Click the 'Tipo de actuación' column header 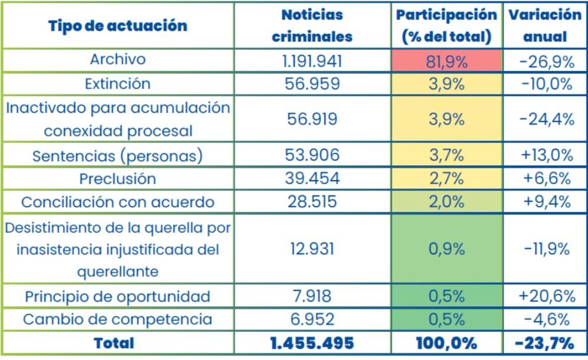tap(117, 25)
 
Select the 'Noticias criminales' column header tap(312, 25)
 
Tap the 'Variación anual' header tap(544, 25)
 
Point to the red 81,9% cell tap(446, 61)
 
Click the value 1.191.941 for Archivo tap(312, 61)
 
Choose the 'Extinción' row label tap(117, 84)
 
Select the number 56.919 tap(312, 119)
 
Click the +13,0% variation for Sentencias tap(546, 155)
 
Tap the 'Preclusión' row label tap(117, 178)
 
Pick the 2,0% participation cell tap(446, 202)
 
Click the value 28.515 tap(312, 202)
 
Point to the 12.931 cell tap(312, 248)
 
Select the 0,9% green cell tap(446, 248)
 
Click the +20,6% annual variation tap(546, 296)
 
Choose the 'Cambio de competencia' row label tap(117, 319)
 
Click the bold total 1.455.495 tap(312, 343)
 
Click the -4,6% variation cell tap(546, 319)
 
